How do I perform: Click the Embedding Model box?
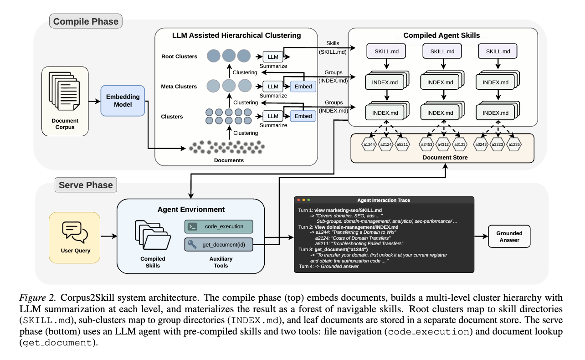pyautogui.click(x=122, y=101)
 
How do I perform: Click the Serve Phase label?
pyautogui.click(x=85, y=185)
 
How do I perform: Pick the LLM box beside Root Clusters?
pyautogui.click(x=272, y=57)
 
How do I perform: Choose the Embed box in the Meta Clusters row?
pyautogui.click(x=303, y=86)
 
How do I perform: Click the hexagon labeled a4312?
pyautogui.click(x=443, y=145)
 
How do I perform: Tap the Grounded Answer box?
pyautogui.click(x=509, y=237)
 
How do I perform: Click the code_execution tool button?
pyautogui.click(x=218, y=226)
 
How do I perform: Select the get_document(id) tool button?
pyautogui.click(x=218, y=245)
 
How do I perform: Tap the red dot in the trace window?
pyautogui.click(x=298, y=200)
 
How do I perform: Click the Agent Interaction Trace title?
pyautogui.click(x=384, y=200)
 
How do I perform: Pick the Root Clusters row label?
pyautogui.click(x=179, y=57)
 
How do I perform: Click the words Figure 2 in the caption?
pyautogui.click(x=33, y=299)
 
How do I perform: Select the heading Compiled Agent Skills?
pyautogui.click(x=442, y=35)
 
